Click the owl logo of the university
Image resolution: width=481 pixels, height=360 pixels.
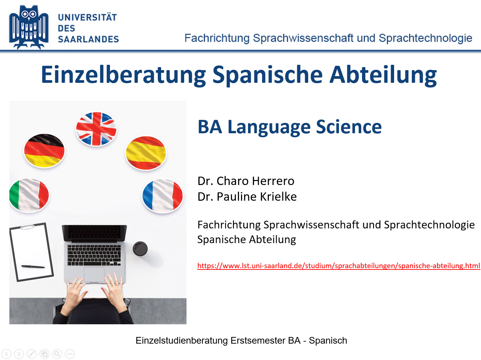point(29,27)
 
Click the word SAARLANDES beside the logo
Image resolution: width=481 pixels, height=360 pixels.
point(88,39)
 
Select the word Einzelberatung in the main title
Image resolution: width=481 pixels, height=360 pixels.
point(123,75)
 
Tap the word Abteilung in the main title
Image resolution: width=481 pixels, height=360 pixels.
point(383,75)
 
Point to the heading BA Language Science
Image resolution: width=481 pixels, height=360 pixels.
point(289,127)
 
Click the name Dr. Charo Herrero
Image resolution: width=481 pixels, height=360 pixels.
point(246,181)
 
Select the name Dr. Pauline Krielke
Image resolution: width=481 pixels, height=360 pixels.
point(247,196)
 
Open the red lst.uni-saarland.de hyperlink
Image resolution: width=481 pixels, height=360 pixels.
point(339,266)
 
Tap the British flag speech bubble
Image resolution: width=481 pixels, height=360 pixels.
point(96,129)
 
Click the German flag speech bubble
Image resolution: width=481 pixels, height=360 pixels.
point(44,151)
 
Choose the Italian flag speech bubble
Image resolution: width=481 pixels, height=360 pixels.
point(29,195)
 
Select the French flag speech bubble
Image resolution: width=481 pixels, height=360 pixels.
point(162,196)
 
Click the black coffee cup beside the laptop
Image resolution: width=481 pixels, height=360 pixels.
point(140,248)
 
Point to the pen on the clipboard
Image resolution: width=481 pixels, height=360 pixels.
point(33,266)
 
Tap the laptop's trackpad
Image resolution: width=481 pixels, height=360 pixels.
point(94,275)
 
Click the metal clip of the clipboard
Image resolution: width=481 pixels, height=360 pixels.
point(27,227)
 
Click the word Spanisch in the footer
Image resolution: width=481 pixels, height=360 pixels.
point(328,341)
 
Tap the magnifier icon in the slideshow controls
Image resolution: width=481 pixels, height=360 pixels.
point(57,354)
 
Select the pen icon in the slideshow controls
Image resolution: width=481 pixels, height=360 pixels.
point(32,354)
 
